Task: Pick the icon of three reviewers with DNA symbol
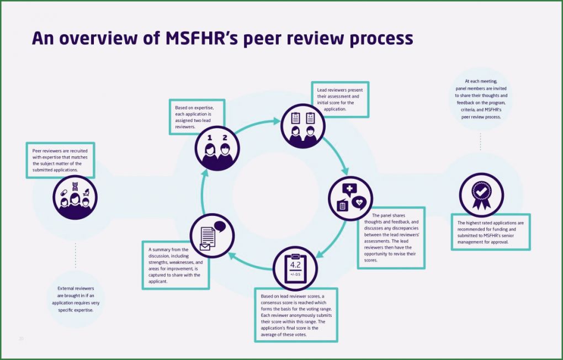pos(75,197)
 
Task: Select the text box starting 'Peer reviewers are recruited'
pos(60,160)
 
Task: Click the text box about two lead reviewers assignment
pos(197,117)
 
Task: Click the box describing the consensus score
pos(296,315)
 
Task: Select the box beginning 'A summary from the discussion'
pos(176,265)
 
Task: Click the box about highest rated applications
pos(490,232)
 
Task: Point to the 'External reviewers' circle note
pos(76,299)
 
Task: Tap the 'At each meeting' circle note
pos(481,99)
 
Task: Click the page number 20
pos(22,338)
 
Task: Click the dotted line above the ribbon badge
pos(481,141)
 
